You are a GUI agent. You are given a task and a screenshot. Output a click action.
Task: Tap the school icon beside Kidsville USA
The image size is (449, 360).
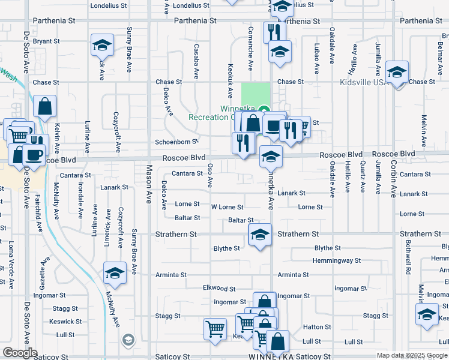pyautogui.click(x=397, y=73)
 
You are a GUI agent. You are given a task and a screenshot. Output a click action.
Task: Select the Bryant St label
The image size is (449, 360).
pyautogui.click(x=47, y=41)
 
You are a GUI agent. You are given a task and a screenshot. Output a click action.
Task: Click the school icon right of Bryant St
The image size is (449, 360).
pyautogui.click(x=102, y=45)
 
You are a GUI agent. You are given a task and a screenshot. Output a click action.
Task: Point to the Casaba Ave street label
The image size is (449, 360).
pyautogui.click(x=196, y=61)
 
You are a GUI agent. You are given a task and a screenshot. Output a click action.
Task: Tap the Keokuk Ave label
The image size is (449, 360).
pyautogui.click(x=229, y=81)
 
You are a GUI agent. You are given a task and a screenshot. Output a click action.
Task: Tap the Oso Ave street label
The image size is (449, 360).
pyautogui.click(x=210, y=175)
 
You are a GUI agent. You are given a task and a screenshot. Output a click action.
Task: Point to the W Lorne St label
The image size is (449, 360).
pyautogui.click(x=227, y=207)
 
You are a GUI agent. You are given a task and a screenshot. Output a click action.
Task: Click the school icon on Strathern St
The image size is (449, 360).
pyautogui.click(x=260, y=235)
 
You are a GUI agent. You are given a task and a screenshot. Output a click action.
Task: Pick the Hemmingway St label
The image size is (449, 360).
pyautogui.click(x=337, y=261)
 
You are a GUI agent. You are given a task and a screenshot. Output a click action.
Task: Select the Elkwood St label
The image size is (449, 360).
pyautogui.click(x=219, y=289)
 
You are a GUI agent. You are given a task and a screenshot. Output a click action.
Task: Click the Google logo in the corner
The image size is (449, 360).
pyautogui.click(x=20, y=352)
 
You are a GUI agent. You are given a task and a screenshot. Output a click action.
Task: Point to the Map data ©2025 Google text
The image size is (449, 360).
pyautogui.click(x=411, y=355)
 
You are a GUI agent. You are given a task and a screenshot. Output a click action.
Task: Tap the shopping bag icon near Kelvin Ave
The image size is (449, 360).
pyautogui.click(x=44, y=107)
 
